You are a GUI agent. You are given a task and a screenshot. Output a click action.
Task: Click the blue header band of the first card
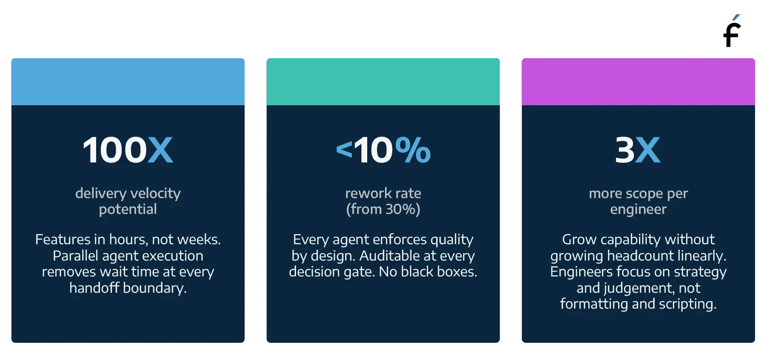128,81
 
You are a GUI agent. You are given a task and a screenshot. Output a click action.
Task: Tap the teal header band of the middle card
383,81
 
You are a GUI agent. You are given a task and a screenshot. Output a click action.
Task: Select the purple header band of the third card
638,81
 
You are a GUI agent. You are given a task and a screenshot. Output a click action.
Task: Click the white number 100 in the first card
114,150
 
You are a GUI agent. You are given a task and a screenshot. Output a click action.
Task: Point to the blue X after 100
160,150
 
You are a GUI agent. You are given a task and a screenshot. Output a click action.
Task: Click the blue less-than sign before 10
344,149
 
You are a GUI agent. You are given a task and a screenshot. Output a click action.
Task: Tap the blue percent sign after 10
413,150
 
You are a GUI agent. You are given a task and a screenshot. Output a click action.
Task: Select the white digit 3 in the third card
625,150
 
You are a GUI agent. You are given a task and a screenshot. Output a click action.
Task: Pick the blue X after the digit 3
649,150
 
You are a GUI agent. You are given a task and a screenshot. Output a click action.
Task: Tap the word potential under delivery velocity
128,209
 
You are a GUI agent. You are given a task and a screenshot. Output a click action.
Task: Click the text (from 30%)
383,209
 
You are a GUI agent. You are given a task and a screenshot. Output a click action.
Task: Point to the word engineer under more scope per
638,209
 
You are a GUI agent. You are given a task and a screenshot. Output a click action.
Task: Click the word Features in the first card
62,239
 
